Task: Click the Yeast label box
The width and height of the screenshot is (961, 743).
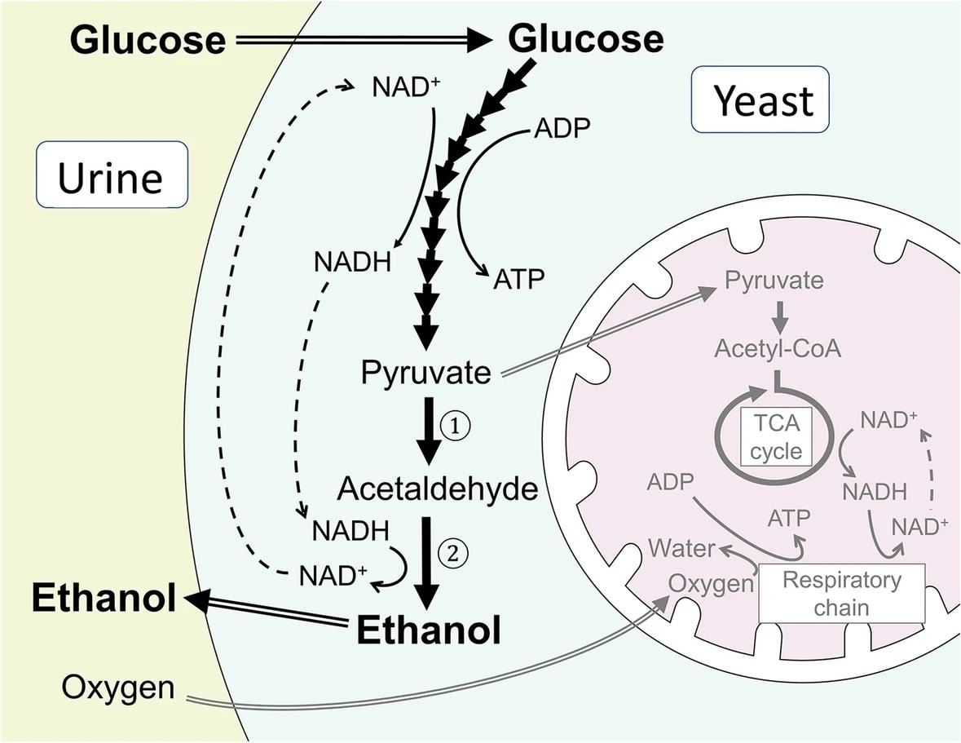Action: pyautogui.click(x=760, y=100)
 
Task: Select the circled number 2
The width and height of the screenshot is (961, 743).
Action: pyautogui.click(x=454, y=552)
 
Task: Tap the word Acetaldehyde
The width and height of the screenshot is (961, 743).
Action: pyautogui.click(x=438, y=489)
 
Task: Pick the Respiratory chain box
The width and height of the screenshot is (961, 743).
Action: pyautogui.click(x=842, y=593)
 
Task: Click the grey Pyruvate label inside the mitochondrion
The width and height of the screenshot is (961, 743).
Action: pyautogui.click(x=774, y=281)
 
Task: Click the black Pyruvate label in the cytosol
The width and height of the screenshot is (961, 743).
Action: pyautogui.click(x=426, y=374)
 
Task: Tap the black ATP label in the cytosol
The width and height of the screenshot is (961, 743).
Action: pyautogui.click(x=518, y=281)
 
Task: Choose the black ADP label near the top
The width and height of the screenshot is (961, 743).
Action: pyautogui.click(x=562, y=128)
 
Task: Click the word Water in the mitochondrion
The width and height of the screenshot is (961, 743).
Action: pyautogui.click(x=682, y=548)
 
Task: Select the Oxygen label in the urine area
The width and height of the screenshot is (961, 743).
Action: pyautogui.click(x=118, y=688)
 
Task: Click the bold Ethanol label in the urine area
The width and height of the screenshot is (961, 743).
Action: pyautogui.click(x=104, y=599)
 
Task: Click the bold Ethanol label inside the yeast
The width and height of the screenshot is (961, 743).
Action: pyautogui.click(x=429, y=630)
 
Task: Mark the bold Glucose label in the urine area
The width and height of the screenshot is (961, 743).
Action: pyautogui.click(x=147, y=39)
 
